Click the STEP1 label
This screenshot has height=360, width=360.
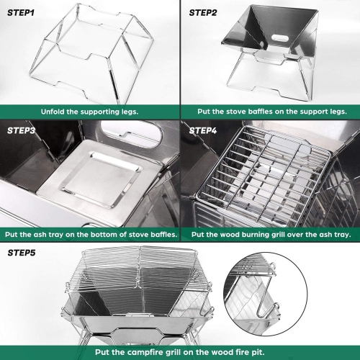[x=22, y=12]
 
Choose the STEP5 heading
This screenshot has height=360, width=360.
[x=23, y=253]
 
